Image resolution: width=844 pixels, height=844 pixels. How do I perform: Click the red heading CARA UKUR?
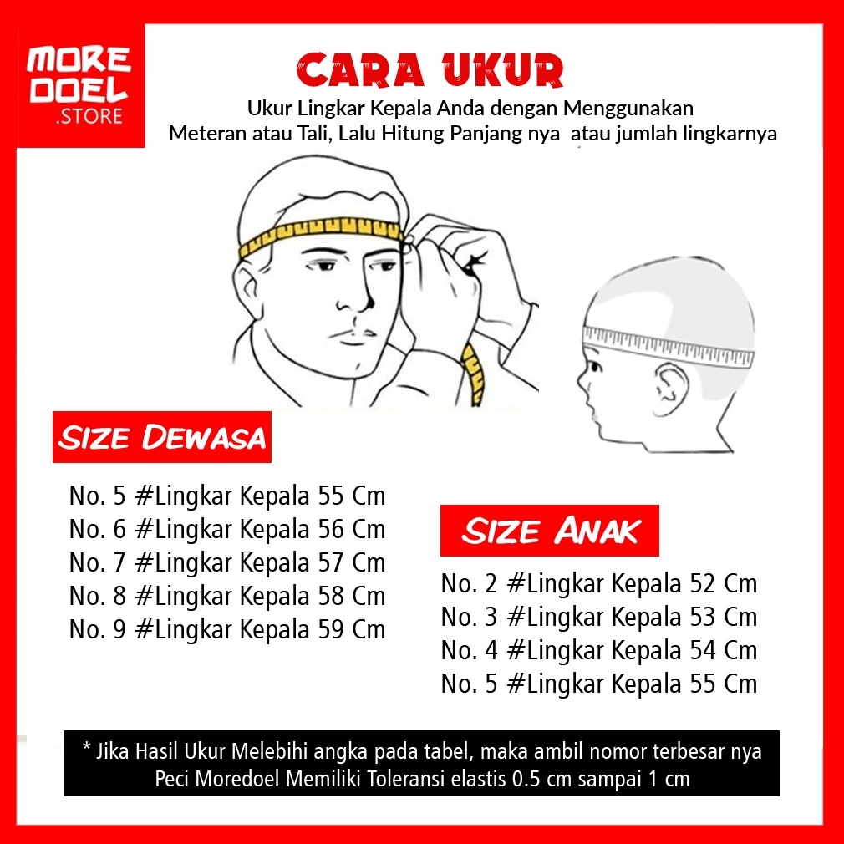(430, 70)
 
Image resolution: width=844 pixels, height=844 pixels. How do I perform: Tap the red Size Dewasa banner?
(162, 436)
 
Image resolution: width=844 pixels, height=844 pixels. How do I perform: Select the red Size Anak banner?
(550, 530)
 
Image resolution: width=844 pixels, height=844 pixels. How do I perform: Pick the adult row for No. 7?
(227, 563)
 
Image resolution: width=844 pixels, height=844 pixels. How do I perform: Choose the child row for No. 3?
(599, 618)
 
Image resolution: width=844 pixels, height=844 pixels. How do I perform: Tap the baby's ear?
(669, 389)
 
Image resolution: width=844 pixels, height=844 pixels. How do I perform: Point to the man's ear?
(247, 291)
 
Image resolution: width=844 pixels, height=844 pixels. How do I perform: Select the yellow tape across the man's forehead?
(321, 232)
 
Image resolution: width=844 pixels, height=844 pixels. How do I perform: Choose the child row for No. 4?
(599, 651)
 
